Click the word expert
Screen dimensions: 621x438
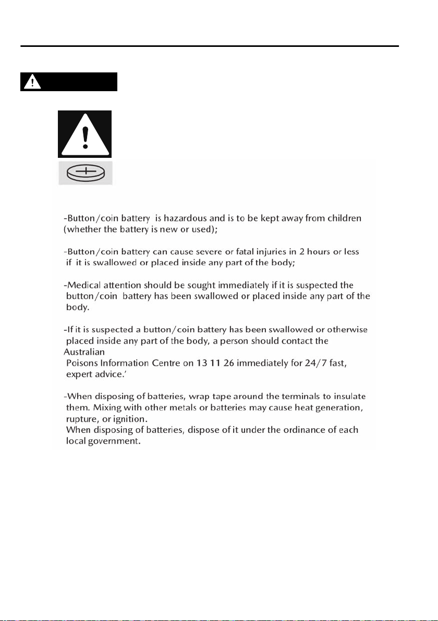tap(79, 374)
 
